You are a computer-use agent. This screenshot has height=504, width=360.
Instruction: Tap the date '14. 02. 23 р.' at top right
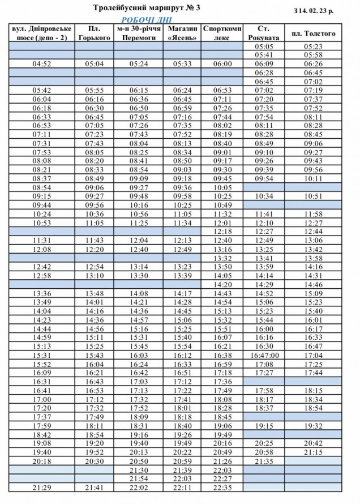[x=316, y=11]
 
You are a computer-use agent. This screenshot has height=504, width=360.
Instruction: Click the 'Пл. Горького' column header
[x=95, y=33]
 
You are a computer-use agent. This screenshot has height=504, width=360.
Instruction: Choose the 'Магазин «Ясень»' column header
[x=182, y=33]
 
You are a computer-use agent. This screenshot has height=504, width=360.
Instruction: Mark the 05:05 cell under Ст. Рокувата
[x=264, y=46]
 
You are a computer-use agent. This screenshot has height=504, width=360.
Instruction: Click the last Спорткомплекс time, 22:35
[x=222, y=488]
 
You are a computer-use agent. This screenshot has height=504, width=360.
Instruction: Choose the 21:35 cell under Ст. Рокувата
[x=264, y=461]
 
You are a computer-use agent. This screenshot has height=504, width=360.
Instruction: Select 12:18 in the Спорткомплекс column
[x=222, y=231]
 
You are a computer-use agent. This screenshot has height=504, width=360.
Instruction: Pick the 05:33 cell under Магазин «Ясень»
[x=182, y=64]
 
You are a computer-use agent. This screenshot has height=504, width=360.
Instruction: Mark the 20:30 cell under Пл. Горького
[x=95, y=461]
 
